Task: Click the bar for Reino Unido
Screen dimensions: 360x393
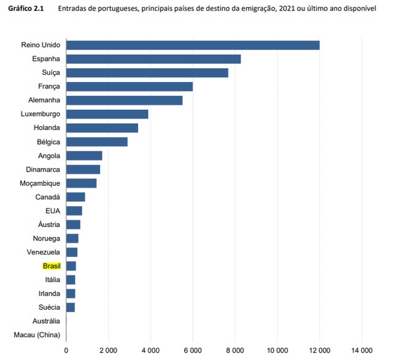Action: click(x=193, y=45)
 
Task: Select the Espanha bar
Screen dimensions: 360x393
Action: click(x=154, y=59)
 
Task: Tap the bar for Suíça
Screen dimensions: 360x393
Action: click(x=147, y=72)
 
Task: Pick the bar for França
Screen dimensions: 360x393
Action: click(x=130, y=86)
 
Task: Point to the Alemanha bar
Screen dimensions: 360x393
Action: click(x=125, y=100)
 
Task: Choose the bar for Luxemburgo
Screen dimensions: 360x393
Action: click(x=107, y=114)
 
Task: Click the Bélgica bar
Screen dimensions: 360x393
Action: click(x=97, y=142)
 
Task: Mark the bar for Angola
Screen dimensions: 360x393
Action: click(x=84, y=155)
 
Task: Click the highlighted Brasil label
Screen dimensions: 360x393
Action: click(x=51, y=266)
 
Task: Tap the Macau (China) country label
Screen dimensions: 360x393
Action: click(x=37, y=335)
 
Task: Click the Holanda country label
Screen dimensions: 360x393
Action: click(x=47, y=128)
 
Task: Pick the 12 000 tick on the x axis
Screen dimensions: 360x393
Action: click(x=319, y=351)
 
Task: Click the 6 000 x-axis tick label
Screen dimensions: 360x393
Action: click(x=193, y=351)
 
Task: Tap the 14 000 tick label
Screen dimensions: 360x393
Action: click(x=362, y=351)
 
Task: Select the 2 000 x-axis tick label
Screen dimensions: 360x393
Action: click(x=109, y=351)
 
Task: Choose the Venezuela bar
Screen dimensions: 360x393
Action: click(x=72, y=252)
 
